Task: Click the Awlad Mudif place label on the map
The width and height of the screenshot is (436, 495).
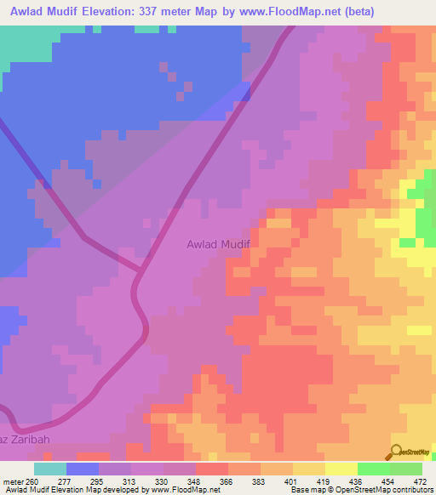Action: point(217,244)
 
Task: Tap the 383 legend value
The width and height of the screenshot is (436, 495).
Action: point(249,481)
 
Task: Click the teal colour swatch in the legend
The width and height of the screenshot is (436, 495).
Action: point(50,469)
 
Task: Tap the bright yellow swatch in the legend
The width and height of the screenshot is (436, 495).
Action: point(341,469)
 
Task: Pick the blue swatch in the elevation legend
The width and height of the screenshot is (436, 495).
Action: point(83,469)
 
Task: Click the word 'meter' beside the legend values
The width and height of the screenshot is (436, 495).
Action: point(13,481)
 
